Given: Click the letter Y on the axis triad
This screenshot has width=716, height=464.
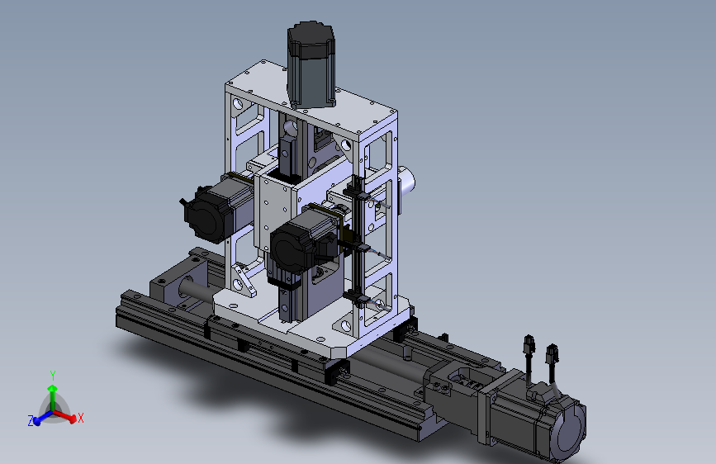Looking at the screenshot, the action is [x=53, y=376].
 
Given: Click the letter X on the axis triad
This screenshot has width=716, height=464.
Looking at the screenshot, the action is [x=81, y=418].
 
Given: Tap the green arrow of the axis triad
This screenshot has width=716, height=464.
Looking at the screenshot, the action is [x=53, y=396].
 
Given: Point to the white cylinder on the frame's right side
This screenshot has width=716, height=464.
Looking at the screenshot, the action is [x=406, y=182].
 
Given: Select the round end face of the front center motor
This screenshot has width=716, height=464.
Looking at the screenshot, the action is [x=287, y=250].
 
